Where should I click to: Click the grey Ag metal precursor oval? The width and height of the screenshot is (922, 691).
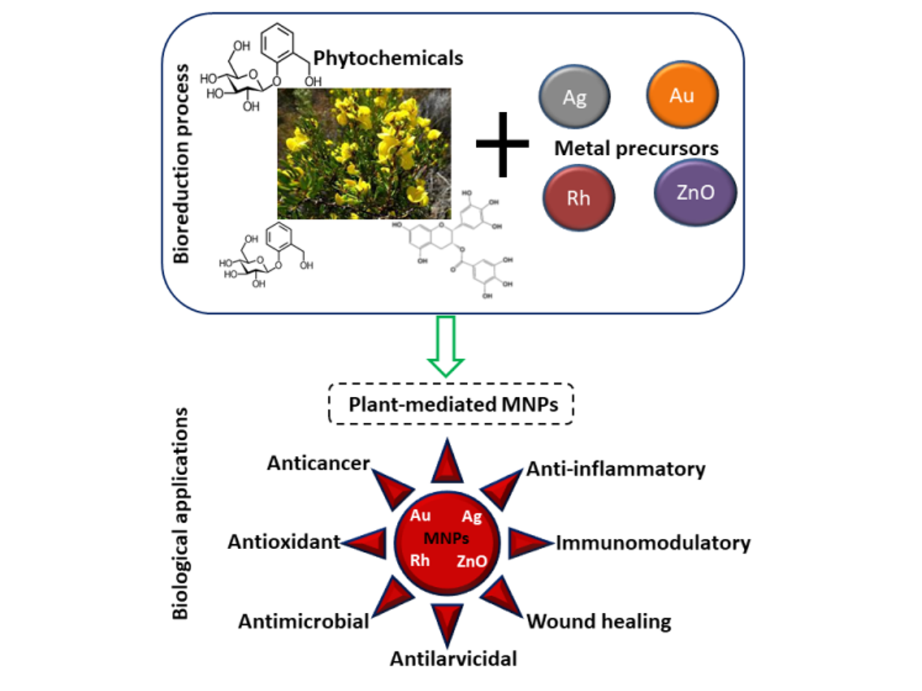pos(574,97)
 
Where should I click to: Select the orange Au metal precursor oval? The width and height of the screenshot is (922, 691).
pos(681,95)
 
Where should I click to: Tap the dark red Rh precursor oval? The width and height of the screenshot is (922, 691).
pos(578,198)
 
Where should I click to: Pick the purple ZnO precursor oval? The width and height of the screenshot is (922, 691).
pos(694,193)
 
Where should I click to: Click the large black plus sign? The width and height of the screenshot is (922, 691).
pos(502,144)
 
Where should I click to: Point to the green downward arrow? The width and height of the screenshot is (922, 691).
pos(446,346)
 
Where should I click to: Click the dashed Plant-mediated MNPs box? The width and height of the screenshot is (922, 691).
pos(452,404)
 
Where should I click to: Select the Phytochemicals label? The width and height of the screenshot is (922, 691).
pos(388,58)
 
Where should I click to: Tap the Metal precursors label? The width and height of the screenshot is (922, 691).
pos(635,148)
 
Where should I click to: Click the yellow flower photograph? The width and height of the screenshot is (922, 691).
pos(364,153)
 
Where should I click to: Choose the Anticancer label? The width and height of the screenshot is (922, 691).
pos(318,463)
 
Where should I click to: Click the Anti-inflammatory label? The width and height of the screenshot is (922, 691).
pos(616,469)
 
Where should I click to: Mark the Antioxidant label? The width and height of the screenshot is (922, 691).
pos(284,542)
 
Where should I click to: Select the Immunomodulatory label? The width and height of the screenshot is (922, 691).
pos(653,543)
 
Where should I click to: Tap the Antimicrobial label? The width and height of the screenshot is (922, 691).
pos(303,621)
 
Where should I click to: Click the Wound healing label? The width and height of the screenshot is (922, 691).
pos(598,621)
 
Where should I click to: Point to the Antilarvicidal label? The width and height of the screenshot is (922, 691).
pos(453,659)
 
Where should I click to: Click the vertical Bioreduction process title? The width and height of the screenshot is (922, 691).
pos(181,164)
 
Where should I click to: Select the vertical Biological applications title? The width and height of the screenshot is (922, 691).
pos(180,513)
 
